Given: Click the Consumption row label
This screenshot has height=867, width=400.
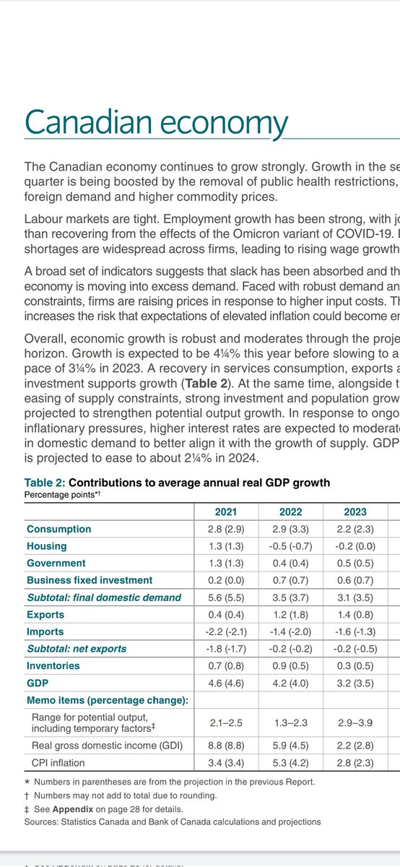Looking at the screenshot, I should coord(59,530).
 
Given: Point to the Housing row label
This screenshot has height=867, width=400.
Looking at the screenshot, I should coord(47,546).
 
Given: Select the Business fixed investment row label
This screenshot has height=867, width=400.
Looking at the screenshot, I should coord(90,580).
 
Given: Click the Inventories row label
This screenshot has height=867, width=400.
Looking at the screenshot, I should coord(53,665).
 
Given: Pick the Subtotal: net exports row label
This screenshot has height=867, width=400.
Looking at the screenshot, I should coord(77,649).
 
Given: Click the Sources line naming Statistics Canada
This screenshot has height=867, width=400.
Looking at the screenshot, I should coord(173,821).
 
